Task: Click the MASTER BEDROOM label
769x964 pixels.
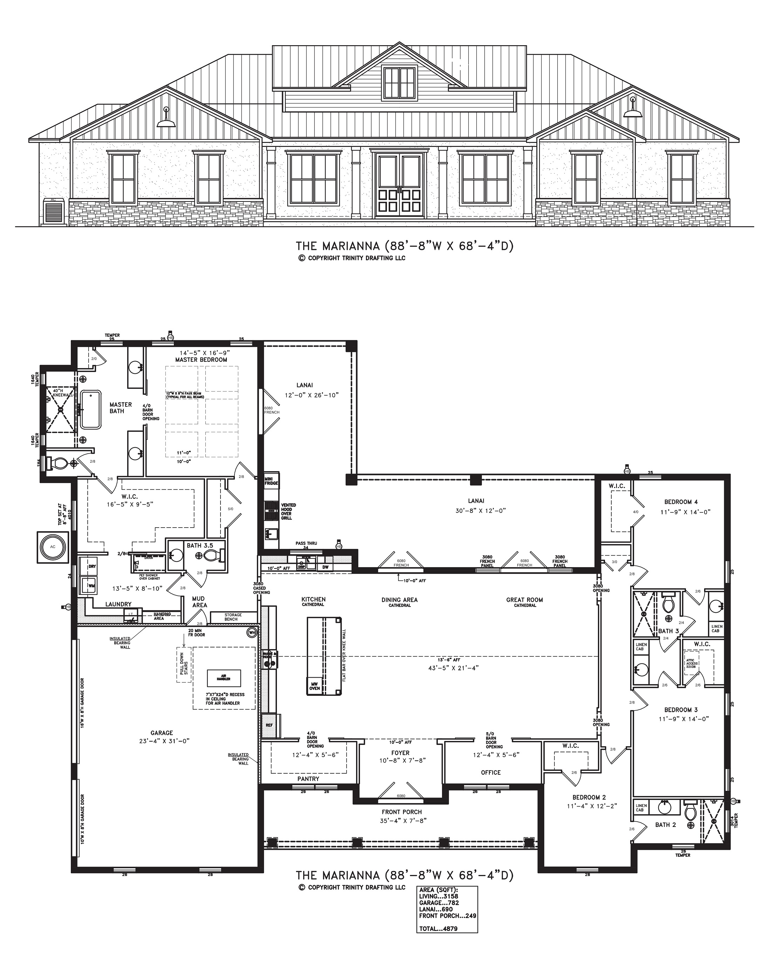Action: [201, 360]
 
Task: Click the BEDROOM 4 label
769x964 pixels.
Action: [680, 502]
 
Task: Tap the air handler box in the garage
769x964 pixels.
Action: [224, 678]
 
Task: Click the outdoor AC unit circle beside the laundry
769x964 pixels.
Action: [53, 547]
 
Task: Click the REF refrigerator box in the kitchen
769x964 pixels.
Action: [269, 725]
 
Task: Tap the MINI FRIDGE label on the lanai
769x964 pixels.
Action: [271, 481]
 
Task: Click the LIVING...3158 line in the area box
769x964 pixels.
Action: [438, 896]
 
